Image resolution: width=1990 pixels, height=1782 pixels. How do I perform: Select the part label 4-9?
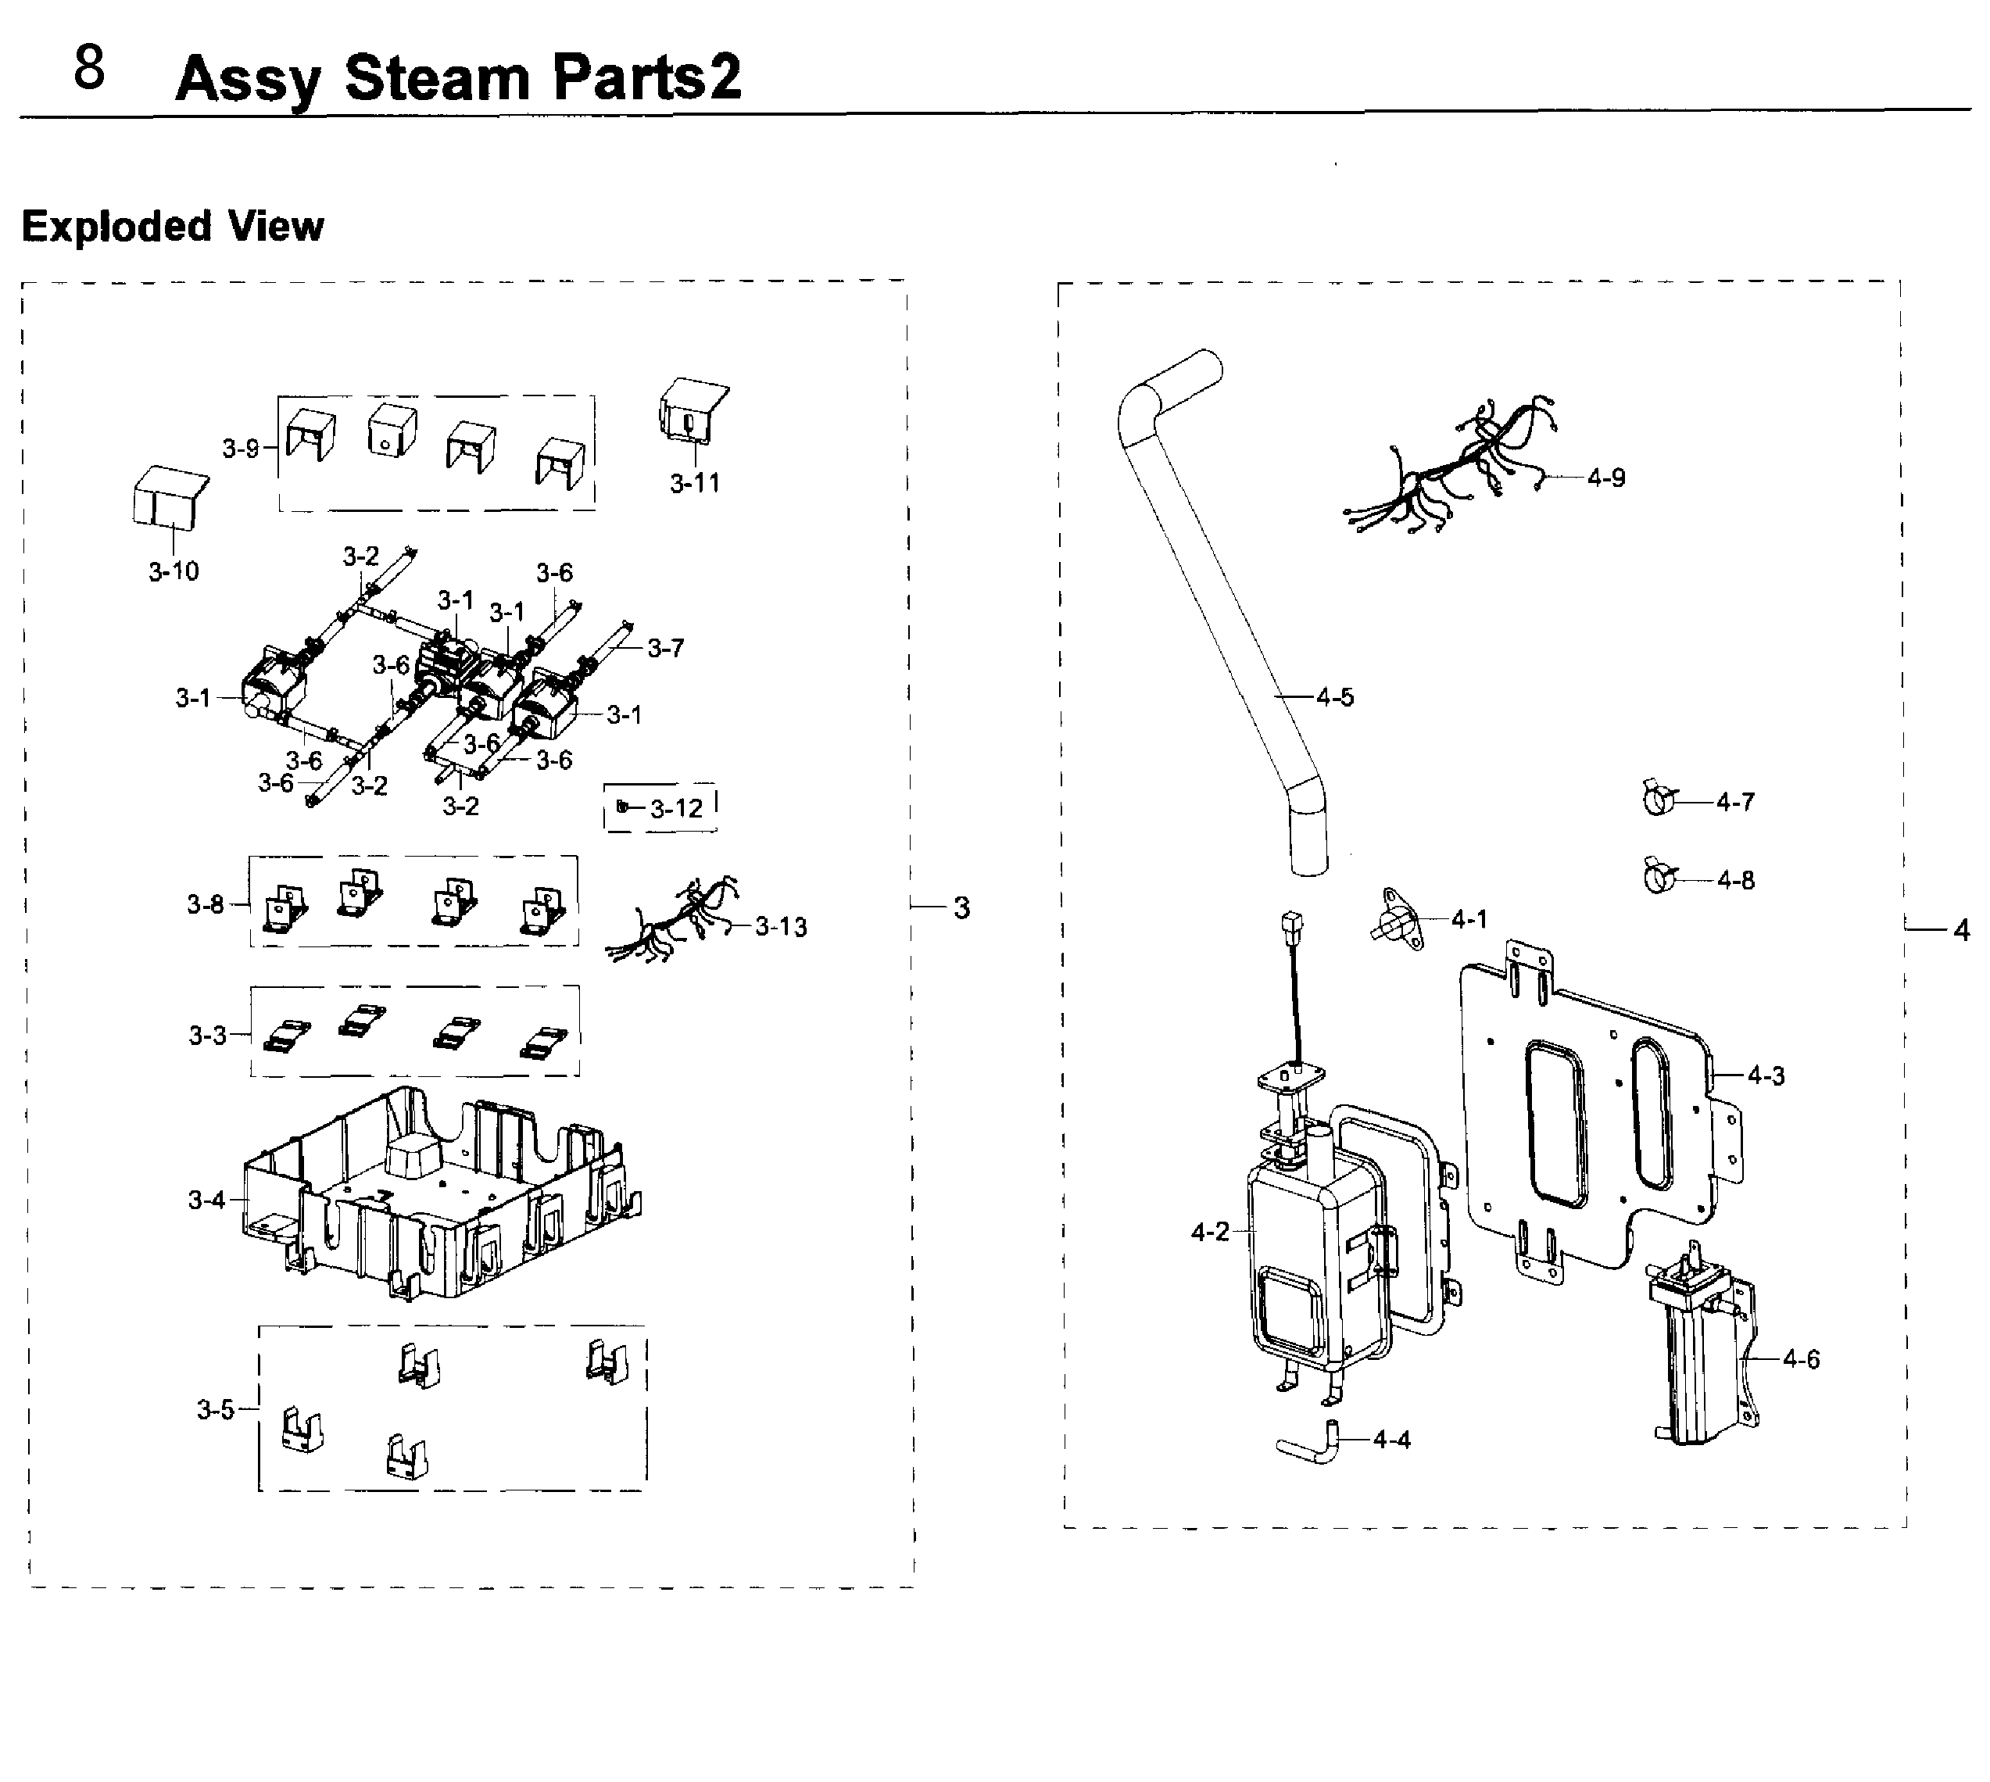pyautogui.click(x=1606, y=478)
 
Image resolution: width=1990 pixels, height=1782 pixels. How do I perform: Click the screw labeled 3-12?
pyautogui.click(x=623, y=807)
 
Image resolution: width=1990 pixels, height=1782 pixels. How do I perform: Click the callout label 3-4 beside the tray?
pyautogui.click(x=206, y=1200)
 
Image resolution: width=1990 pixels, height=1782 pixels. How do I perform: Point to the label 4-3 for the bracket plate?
pyautogui.click(x=1766, y=1076)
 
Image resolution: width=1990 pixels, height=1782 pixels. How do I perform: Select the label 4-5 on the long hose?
pyautogui.click(x=1335, y=697)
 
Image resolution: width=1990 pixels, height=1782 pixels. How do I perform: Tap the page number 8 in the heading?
pyautogui.click(x=89, y=69)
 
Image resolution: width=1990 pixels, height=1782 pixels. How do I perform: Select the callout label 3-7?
pyautogui.click(x=665, y=647)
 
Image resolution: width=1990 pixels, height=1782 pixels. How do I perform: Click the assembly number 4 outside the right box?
pyautogui.click(x=1960, y=930)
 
